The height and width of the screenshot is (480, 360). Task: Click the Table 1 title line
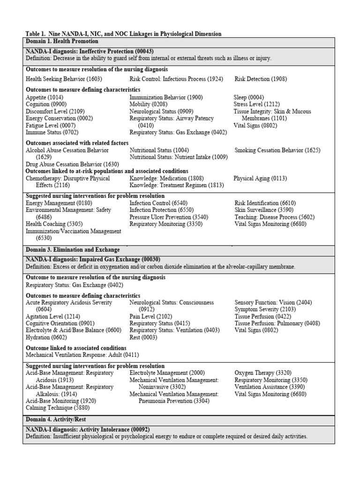pos(123,34)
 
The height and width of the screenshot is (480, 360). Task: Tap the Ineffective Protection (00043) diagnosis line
pos(90,51)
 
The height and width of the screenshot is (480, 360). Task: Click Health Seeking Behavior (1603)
pos(64,79)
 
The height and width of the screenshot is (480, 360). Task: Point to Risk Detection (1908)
pos(261,79)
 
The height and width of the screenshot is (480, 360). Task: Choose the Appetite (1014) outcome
pos(45,97)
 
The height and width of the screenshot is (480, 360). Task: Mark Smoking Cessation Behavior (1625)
pos(277,150)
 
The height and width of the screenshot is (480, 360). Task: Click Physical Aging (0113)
pos(260,179)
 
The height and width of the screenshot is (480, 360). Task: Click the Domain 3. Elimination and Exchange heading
pos(73,250)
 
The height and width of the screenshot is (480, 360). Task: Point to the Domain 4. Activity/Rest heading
pos(56,419)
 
